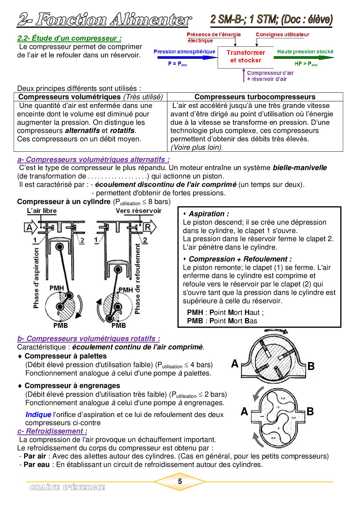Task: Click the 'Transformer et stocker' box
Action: (x=246, y=57)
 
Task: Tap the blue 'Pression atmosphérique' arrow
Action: (x=186, y=57)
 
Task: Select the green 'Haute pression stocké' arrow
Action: (x=303, y=57)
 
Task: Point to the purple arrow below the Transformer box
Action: (x=244, y=75)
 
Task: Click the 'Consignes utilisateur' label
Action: (x=282, y=35)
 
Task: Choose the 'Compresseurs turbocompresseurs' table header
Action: (x=255, y=97)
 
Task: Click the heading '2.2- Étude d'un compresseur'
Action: (x=69, y=38)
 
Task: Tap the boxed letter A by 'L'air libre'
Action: (x=29, y=227)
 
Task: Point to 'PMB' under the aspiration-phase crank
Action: (x=60, y=325)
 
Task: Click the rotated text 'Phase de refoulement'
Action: (x=137, y=279)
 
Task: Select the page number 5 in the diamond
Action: (x=180, y=481)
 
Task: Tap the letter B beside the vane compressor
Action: (x=311, y=366)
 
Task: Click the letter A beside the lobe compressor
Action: (x=244, y=411)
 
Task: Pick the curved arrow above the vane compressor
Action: (x=276, y=331)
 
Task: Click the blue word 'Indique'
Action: (x=38, y=415)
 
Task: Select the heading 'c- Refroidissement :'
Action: (x=52, y=431)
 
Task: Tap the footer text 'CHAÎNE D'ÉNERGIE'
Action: (x=67, y=488)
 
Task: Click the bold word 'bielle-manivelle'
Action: (x=300, y=168)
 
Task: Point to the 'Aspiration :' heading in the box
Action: (x=208, y=214)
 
